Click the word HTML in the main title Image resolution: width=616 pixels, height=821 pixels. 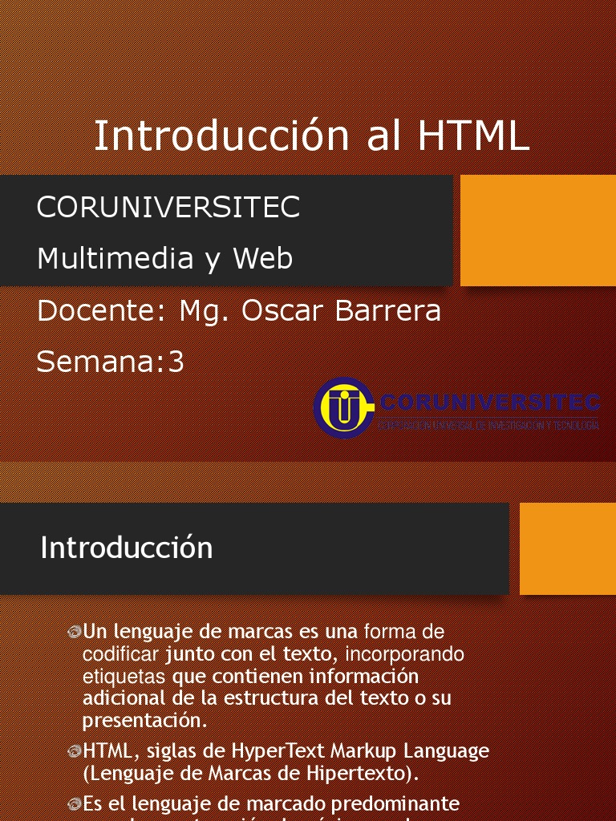473,135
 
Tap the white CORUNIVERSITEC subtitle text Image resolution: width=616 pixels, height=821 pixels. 168,207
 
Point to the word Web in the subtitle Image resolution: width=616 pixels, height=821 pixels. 263,258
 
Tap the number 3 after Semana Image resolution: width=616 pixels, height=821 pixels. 176,362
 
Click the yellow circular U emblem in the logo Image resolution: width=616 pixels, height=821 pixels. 343,407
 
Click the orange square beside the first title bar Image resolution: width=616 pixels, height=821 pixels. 538,230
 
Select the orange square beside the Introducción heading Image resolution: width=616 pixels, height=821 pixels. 568,548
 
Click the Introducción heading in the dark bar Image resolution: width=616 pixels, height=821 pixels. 127,548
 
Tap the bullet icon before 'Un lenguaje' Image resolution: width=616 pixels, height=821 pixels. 75,633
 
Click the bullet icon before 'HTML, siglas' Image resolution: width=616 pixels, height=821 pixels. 75,752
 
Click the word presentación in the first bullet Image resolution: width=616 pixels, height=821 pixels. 144,719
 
